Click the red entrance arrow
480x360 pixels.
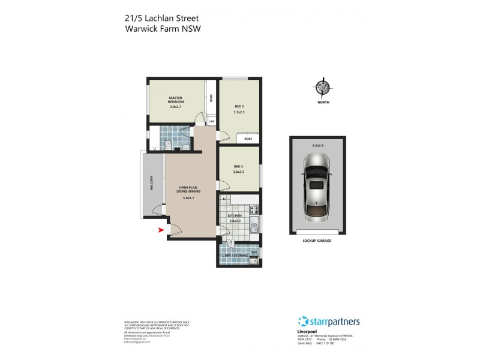pyautogui.click(x=160, y=230)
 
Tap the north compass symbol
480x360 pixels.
pyautogui.click(x=323, y=88)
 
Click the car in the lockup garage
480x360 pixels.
pyautogui.click(x=317, y=187)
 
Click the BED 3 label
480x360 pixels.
pyautogui.click(x=238, y=166)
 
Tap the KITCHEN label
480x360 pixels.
pyautogui.click(x=235, y=215)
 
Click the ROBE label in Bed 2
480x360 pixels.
pyautogui.click(x=248, y=139)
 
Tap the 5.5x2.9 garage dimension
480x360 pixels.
pyautogui.click(x=318, y=145)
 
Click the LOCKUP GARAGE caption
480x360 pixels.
pyautogui.click(x=317, y=240)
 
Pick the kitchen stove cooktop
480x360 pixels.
pyautogui.click(x=254, y=210)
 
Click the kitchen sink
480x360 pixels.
pyautogui.click(x=254, y=227)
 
